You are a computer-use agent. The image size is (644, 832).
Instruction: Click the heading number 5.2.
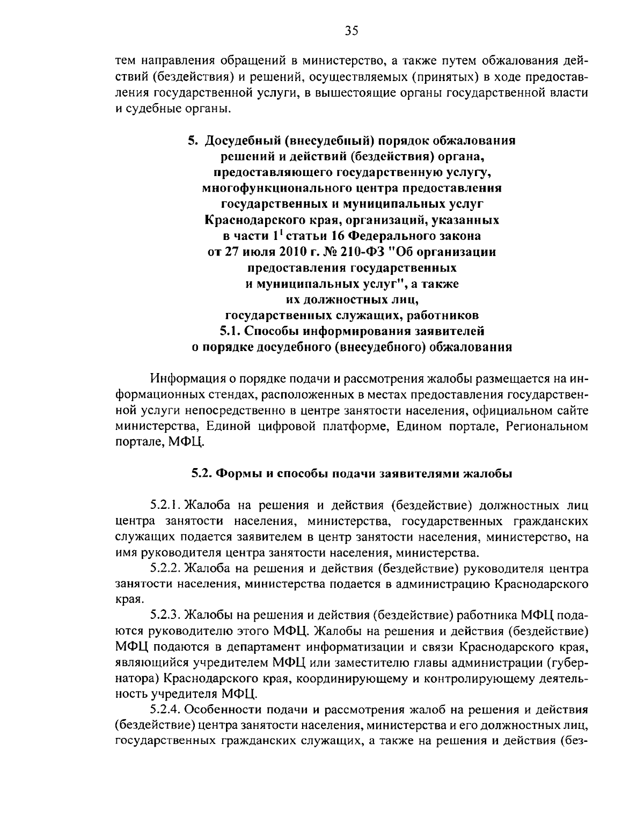point(202,474)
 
